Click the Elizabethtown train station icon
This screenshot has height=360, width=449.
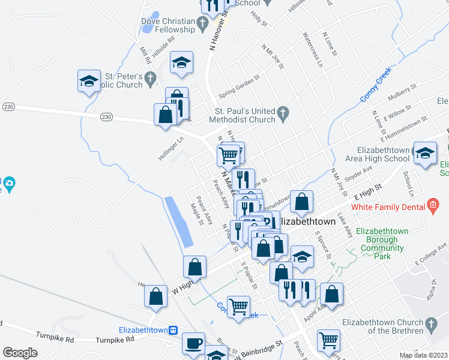tap(173, 330)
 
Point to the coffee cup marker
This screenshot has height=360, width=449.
tap(193, 343)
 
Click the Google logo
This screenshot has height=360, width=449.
tap(20, 352)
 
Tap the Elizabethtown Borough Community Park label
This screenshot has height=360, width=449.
tap(382, 244)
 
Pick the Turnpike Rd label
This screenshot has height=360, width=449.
tap(55, 337)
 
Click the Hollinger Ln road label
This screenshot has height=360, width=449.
tap(171, 149)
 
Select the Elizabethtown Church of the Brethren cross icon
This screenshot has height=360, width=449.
tap(429, 326)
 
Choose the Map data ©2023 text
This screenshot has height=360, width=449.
tap(423, 355)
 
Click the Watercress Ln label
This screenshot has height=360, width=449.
tap(313, 49)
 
